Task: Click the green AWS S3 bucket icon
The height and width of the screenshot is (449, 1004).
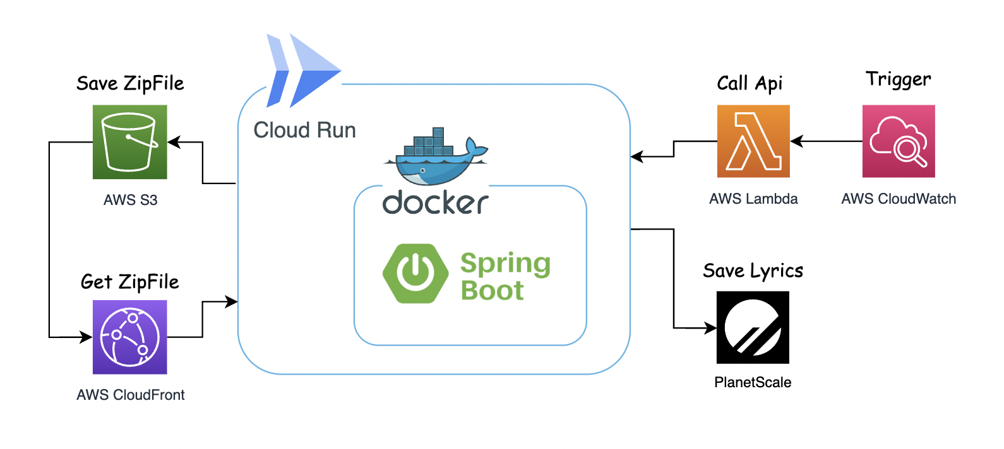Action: point(129,142)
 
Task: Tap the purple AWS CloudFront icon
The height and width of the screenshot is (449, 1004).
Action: point(129,337)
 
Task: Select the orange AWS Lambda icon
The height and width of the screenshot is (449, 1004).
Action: point(753,141)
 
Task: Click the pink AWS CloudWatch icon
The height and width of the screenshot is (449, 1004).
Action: point(899,141)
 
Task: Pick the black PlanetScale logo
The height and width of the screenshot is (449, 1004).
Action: point(753,327)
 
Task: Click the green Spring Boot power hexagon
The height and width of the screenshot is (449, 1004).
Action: point(415,274)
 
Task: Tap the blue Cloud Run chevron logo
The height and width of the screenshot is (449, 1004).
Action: point(303,71)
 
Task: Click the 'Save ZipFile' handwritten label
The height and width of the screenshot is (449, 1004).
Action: point(130,83)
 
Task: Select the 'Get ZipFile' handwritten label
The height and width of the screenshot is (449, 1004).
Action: point(129,282)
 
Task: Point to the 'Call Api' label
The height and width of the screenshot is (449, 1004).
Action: point(750,83)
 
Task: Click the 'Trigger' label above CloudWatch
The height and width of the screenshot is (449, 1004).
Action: point(898,79)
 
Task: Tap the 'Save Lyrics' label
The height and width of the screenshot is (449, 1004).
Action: point(753,271)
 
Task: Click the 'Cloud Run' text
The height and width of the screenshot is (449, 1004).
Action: point(304,130)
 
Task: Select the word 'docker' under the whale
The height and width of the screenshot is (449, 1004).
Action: point(435,202)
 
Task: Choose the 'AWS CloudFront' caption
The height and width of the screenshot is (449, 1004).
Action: point(130,395)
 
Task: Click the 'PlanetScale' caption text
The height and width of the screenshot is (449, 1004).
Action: point(753,382)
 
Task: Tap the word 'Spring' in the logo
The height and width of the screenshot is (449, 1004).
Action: point(505,264)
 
